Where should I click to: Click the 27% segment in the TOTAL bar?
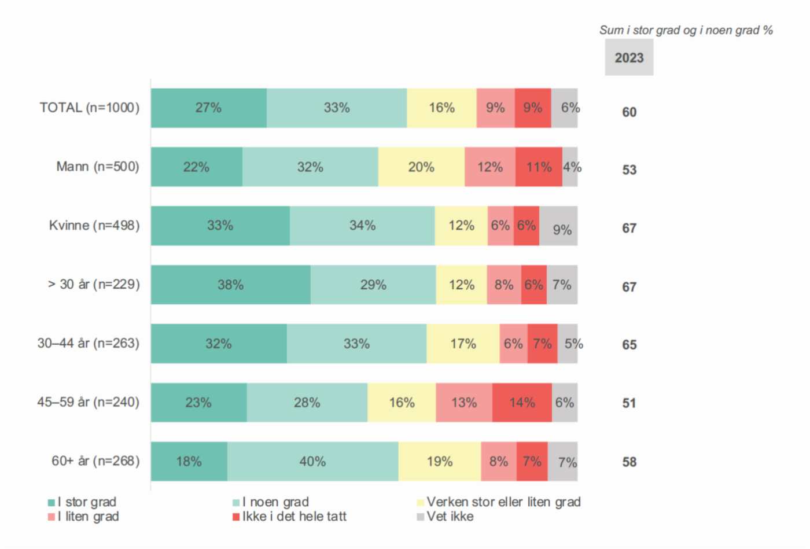[208, 108]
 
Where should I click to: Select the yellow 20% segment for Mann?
[421, 167]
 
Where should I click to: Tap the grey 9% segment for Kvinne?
[559, 226]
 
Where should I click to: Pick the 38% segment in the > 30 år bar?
[230, 285]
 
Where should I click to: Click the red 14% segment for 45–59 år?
[522, 403]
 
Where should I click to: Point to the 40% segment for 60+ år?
[312, 462]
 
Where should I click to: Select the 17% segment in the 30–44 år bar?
[463, 344]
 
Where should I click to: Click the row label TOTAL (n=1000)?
[90, 108]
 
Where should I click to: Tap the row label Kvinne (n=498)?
[94, 226]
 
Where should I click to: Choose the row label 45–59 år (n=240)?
[89, 402]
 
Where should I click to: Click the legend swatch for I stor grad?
[51, 503]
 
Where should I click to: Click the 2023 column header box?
[629, 58]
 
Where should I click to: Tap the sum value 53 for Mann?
[629, 170]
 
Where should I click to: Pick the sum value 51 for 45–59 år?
[629, 403]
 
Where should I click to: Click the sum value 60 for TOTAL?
[629, 112]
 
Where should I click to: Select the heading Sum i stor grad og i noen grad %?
[686, 31]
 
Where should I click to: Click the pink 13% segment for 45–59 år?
[464, 403]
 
